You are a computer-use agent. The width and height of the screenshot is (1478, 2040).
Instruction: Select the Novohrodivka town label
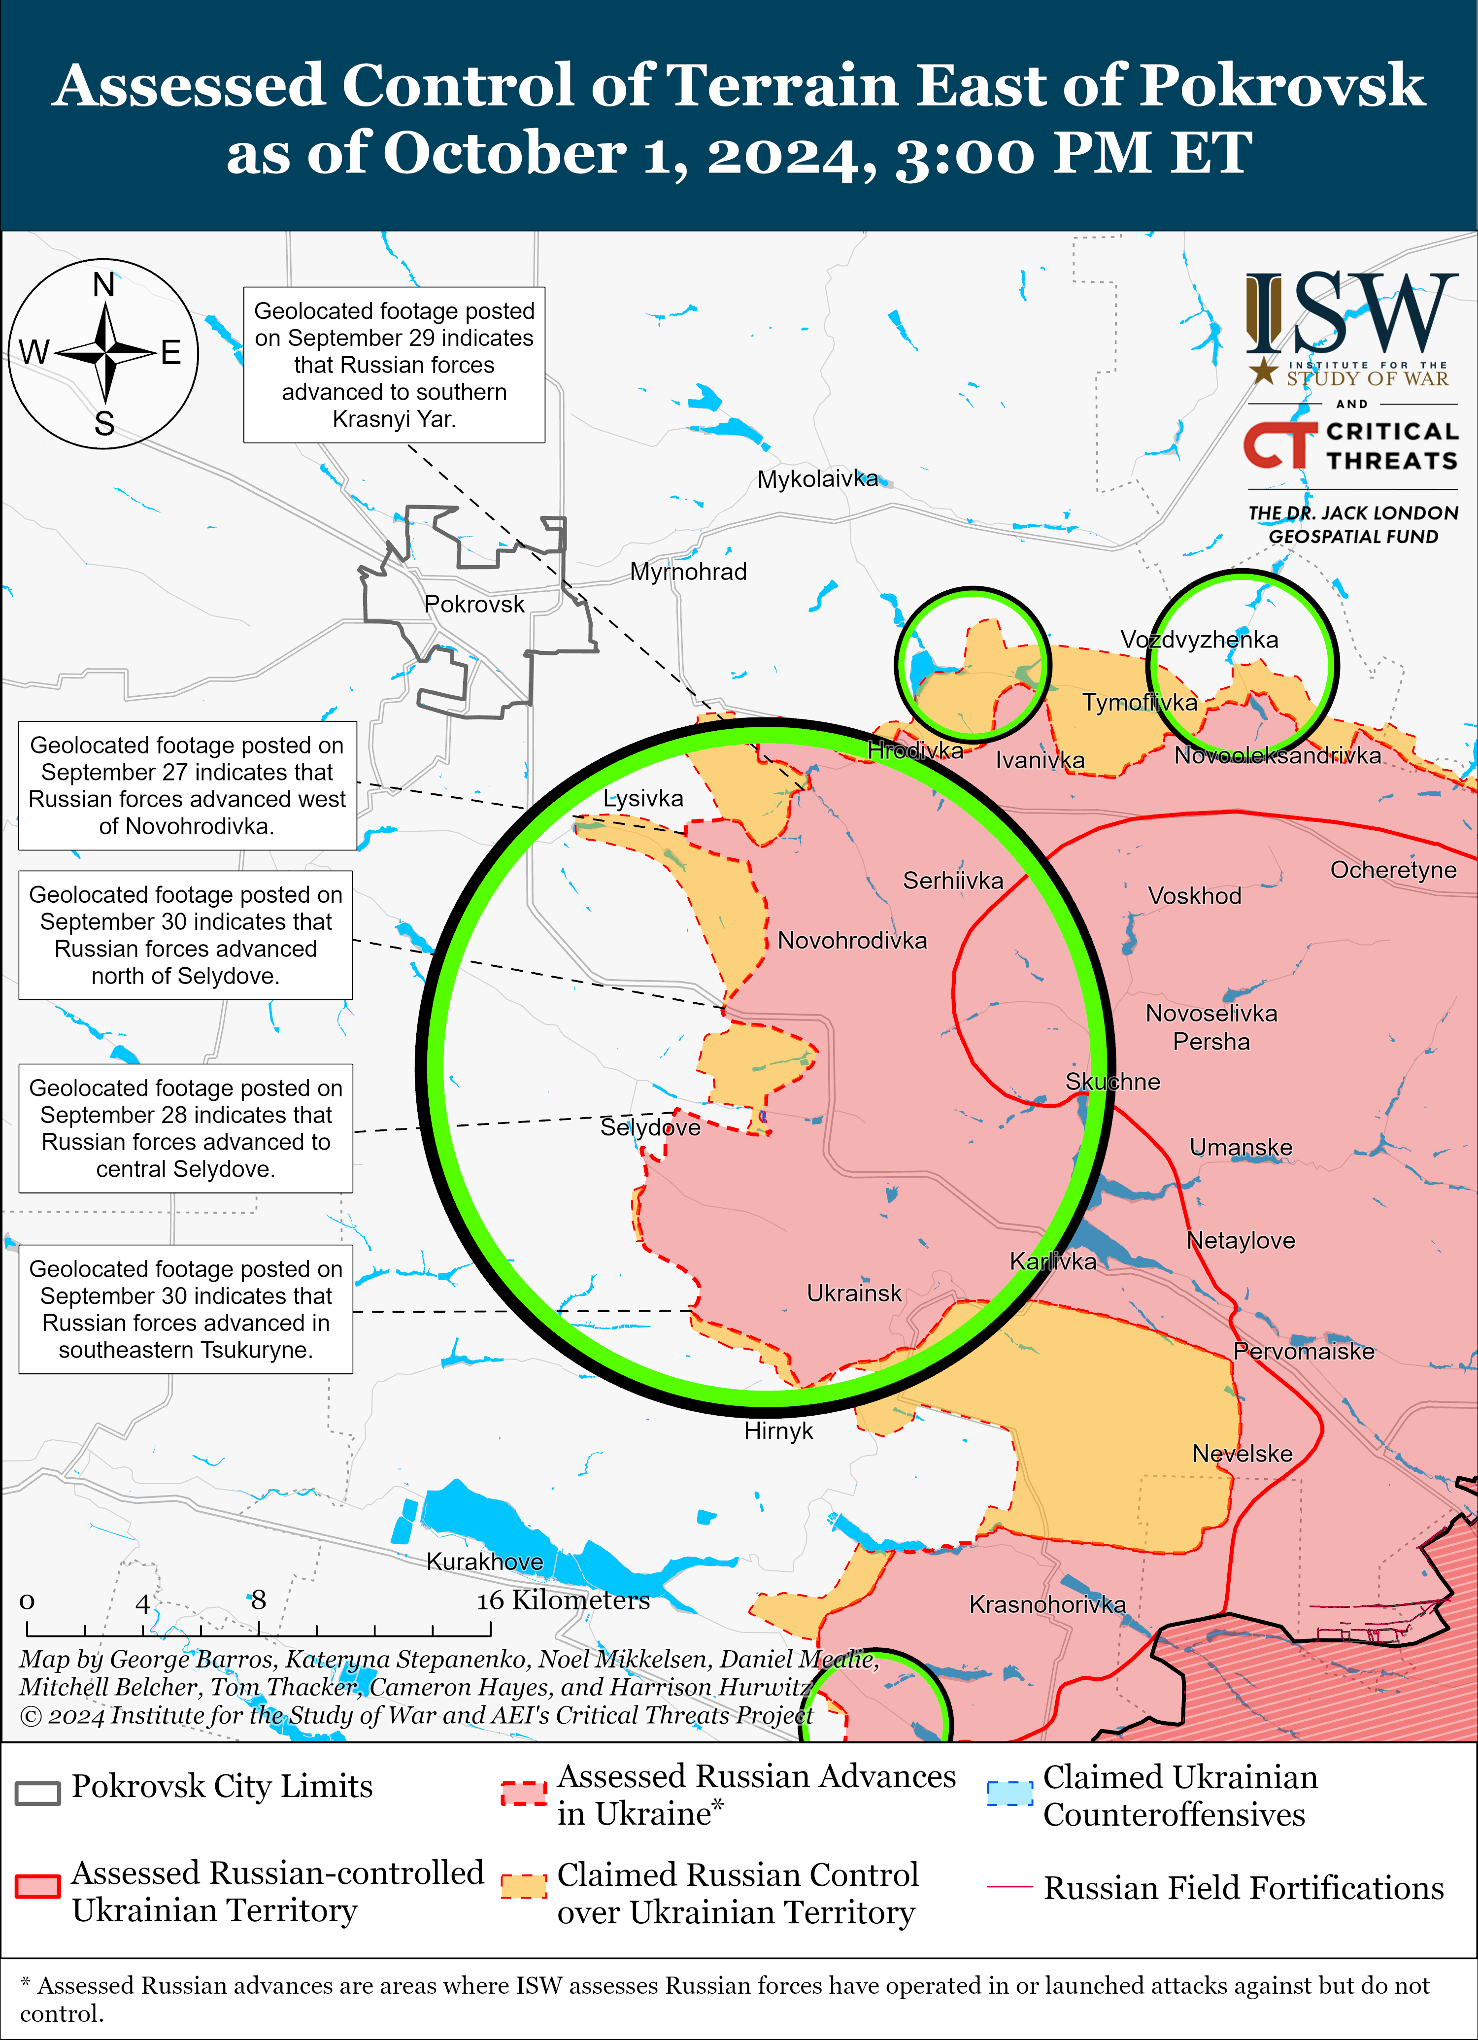pos(852,940)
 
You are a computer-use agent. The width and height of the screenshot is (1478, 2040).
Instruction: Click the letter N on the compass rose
pos(104,285)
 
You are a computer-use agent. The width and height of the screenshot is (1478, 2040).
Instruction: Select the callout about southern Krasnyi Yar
pos(394,364)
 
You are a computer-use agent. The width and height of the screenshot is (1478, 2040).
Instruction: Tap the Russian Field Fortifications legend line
pos(1009,1885)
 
